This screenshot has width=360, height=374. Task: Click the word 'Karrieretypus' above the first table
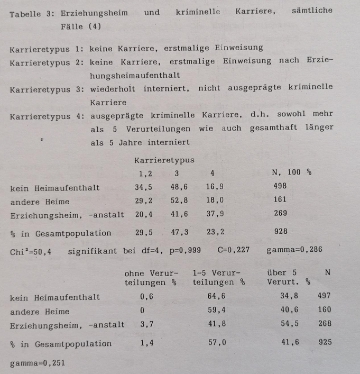(x=164, y=160)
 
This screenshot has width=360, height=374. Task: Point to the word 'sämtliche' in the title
(x=312, y=11)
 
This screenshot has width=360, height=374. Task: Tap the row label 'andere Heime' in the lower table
(x=39, y=312)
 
